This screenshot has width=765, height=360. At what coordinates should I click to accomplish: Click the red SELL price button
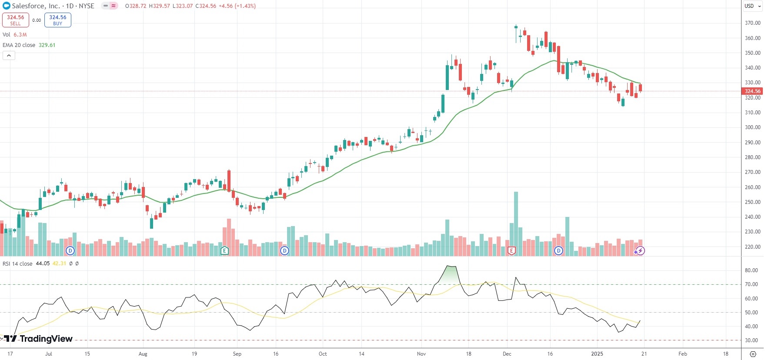click(x=16, y=20)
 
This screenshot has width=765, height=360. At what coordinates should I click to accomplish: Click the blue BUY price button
click(x=57, y=20)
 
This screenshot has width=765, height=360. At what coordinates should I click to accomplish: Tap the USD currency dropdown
click(x=752, y=6)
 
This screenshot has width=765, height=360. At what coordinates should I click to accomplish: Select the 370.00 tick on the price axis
click(x=752, y=23)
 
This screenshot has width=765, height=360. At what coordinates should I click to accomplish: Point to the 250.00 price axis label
click(x=752, y=202)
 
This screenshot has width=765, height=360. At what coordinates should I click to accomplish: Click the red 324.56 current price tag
click(x=752, y=91)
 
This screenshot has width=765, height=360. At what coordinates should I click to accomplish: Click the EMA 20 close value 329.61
click(x=47, y=45)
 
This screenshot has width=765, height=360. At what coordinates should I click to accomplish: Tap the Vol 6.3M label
click(x=15, y=35)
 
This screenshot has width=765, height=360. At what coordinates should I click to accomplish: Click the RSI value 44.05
click(x=43, y=264)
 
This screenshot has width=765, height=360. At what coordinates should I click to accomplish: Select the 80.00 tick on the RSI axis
click(x=751, y=270)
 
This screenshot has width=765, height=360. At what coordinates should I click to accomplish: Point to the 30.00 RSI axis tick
click(x=751, y=340)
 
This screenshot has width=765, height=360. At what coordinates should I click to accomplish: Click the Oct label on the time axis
click(x=323, y=354)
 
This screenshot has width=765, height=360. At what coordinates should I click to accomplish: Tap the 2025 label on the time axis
click(x=597, y=354)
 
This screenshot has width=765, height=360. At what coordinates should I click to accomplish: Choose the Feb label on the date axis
click(x=683, y=354)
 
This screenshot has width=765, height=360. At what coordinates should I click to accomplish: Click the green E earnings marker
click(x=224, y=250)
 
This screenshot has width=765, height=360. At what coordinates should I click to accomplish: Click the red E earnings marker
click(x=511, y=250)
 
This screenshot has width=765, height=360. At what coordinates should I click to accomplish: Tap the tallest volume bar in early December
click(x=516, y=222)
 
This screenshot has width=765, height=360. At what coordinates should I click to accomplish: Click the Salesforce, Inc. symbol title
click(x=36, y=6)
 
